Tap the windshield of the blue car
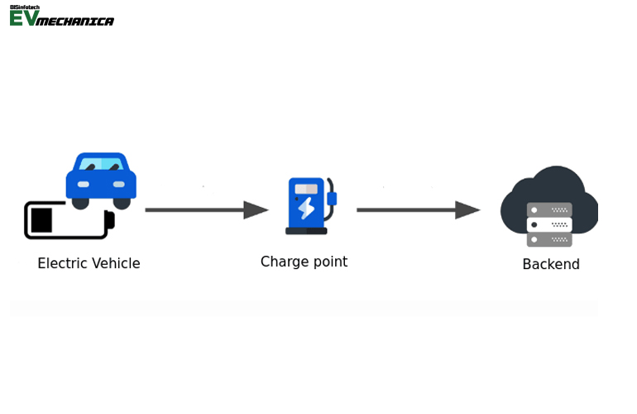(101, 164)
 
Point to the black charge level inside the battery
(41, 220)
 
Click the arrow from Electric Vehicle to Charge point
(207, 210)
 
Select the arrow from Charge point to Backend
(418, 210)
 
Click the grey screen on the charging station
(306, 189)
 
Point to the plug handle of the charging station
(332, 199)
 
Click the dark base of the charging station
(306, 231)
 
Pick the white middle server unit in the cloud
(549, 224)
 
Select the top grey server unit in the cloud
(549, 209)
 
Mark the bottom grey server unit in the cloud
(549, 239)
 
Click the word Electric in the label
(61, 263)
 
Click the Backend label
(551, 265)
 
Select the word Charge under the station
(282, 262)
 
